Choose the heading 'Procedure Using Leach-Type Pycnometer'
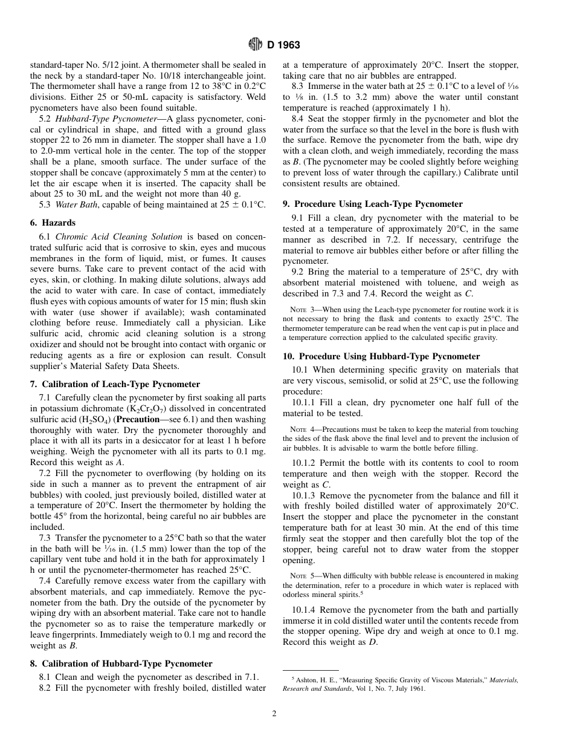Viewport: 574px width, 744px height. (381, 204)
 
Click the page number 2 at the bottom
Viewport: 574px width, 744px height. (274, 714)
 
